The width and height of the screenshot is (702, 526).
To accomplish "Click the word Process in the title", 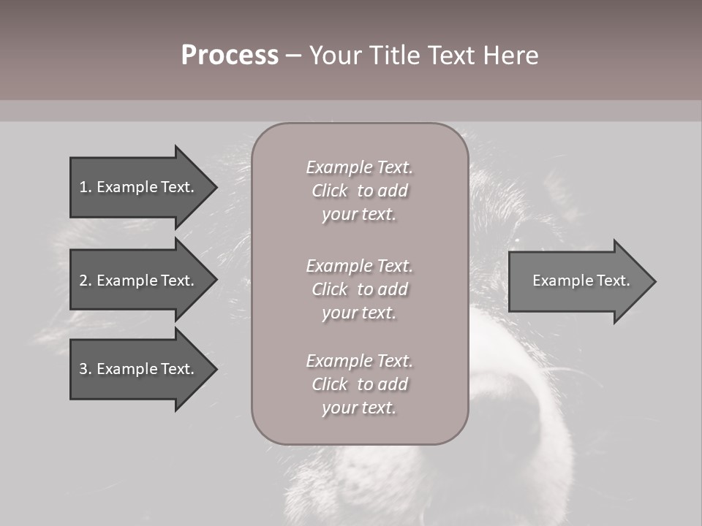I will (230, 56).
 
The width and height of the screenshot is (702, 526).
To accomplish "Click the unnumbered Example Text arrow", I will (578, 281).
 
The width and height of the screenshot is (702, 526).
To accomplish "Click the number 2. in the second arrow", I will (85, 281).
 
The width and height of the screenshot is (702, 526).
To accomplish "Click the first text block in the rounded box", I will (359, 191).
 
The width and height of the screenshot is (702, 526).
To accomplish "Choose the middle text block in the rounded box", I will (359, 289).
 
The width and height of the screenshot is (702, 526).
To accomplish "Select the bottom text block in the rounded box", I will (359, 384).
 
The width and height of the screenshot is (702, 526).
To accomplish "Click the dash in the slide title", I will (293, 56).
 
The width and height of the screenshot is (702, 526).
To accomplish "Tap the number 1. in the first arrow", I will (85, 187).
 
